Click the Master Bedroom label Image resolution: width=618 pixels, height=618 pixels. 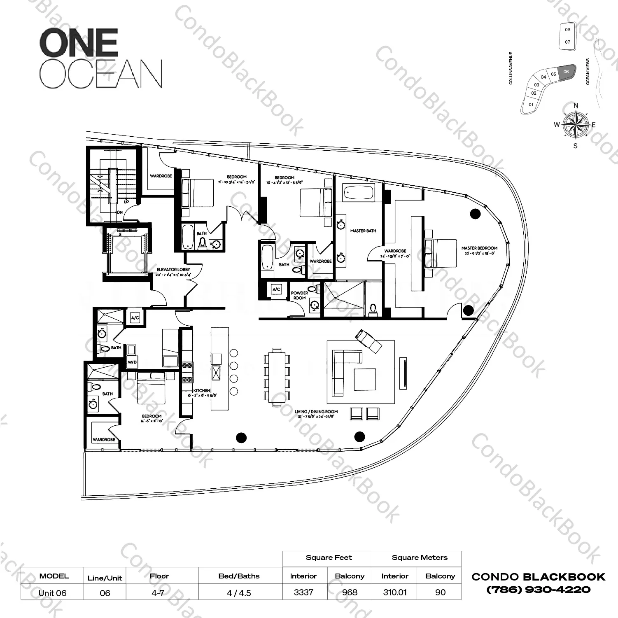[x=479, y=248]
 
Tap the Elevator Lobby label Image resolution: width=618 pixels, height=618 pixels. [x=173, y=270]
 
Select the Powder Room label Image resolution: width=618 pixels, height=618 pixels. [x=299, y=295]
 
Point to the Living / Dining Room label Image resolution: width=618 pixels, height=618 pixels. [x=316, y=411]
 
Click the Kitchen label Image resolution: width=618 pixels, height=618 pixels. [x=202, y=390]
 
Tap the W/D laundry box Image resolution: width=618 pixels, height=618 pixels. [x=132, y=362]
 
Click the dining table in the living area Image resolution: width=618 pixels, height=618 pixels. [x=277, y=377]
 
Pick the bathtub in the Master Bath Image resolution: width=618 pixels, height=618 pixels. [x=358, y=192]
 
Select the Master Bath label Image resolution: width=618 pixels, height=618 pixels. [x=363, y=231]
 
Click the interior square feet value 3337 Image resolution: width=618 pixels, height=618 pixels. [x=303, y=592]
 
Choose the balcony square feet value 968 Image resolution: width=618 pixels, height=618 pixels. [x=350, y=592]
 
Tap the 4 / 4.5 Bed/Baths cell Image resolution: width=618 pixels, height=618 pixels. [x=239, y=593]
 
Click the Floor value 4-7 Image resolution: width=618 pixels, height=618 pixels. [x=158, y=593]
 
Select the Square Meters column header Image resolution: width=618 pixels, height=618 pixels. [x=419, y=558]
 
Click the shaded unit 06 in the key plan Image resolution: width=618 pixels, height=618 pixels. [x=567, y=72]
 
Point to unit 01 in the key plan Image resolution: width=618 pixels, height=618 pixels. [x=531, y=105]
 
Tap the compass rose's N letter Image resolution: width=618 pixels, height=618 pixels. [x=576, y=106]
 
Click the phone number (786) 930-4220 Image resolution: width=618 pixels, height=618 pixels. [x=538, y=590]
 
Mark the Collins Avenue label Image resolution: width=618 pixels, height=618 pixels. [x=511, y=68]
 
